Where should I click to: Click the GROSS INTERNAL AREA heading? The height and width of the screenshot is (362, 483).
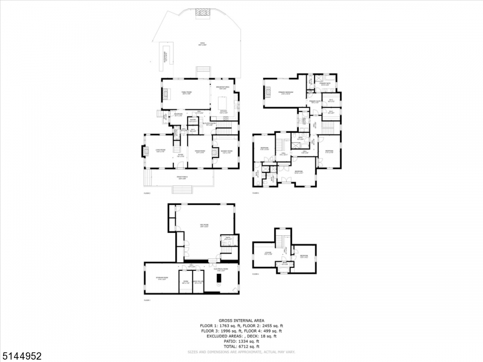coord(241,321)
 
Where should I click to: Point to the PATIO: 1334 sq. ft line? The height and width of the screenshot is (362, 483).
coord(241,340)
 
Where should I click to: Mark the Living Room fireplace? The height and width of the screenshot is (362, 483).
coord(145,151)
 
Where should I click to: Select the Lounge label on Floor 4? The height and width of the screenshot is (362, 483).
coord(268,253)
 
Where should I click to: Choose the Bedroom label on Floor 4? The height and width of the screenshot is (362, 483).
coord(305,256)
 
